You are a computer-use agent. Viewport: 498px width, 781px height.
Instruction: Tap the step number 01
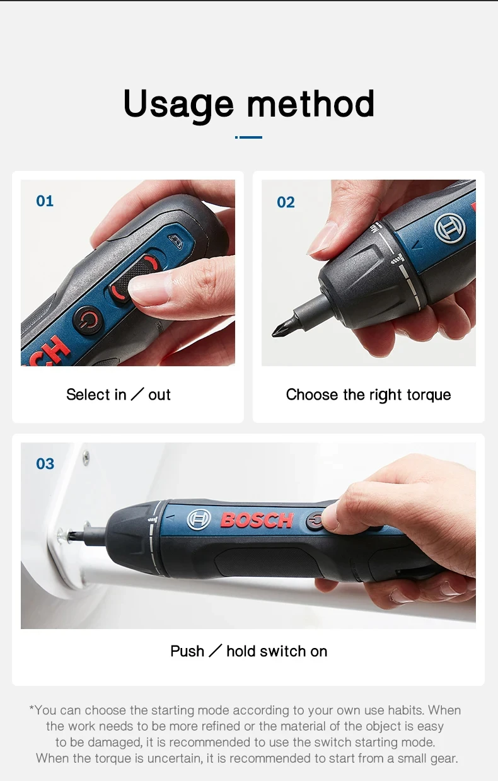coord(45,201)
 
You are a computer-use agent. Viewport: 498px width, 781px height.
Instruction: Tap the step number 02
coord(286,202)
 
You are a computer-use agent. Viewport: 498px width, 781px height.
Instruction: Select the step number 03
coord(45,464)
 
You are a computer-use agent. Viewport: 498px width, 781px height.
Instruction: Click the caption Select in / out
coord(119,395)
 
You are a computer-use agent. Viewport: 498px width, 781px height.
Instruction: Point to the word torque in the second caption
coord(429,395)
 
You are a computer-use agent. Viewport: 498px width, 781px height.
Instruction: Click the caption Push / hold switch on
coord(248,651)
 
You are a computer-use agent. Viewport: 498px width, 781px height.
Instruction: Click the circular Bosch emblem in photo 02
coord(448,228)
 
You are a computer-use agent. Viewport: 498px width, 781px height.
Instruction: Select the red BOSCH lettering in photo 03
coord(257,520)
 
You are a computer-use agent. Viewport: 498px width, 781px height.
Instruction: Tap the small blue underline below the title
coord(248,137)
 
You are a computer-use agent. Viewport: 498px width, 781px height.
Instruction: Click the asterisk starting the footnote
coord(32,709)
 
